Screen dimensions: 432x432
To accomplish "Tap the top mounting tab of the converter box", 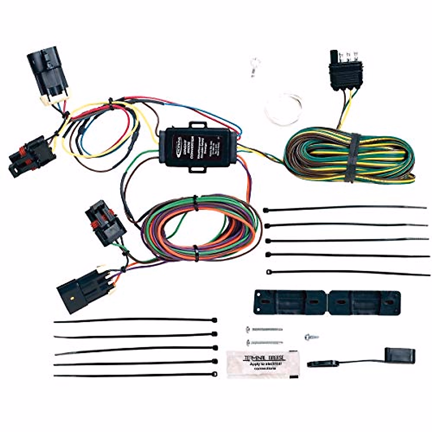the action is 198,126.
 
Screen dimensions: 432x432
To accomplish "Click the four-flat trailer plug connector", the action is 346,72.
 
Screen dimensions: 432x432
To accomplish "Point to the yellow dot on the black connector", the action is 73,298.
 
